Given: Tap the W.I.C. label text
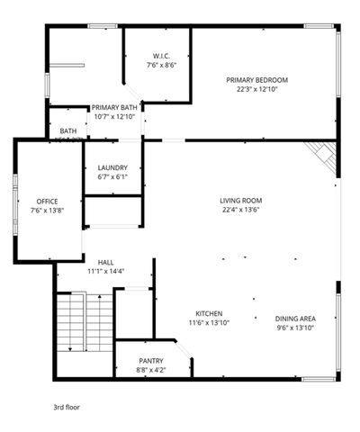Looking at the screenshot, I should click(162, 56).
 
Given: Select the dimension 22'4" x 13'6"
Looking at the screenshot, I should click(240, 210).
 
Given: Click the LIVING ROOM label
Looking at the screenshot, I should click(240, 200).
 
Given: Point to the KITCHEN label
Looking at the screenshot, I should click(209, 312).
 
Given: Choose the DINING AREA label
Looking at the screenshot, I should click(295, 319).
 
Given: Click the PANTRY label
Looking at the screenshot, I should click(150, 360).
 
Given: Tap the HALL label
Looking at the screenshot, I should click(106, 262).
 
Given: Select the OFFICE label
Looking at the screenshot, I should click(48, 200).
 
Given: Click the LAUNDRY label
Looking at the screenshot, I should click(112, 167).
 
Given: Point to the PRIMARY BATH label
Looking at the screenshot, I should click(114, 107).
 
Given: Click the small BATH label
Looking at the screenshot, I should click(68, 131).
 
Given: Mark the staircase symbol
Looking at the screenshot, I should click(85, 327).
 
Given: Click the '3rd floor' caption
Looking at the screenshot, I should click(66, 407).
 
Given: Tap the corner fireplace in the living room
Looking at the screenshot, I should click(321, 157).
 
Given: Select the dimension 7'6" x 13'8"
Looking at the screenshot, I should click(48, 210).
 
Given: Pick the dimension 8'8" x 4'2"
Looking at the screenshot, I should click(150, 369).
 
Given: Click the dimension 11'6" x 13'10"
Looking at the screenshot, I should click(209, 322).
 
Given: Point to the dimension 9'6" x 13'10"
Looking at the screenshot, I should click(295, 328).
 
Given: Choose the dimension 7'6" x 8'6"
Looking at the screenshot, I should click(162, 65).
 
